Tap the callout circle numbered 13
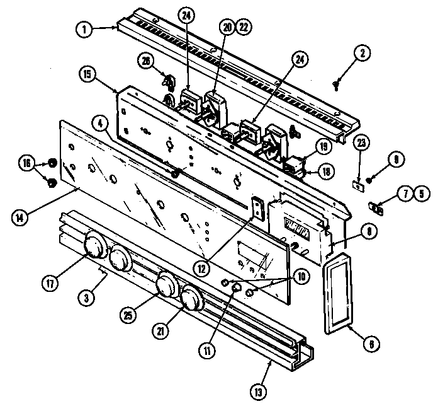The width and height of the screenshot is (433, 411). pyautogui.click(x=257, y=391)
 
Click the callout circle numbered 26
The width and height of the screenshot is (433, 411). pyautogui.click(x=146, y=60)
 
